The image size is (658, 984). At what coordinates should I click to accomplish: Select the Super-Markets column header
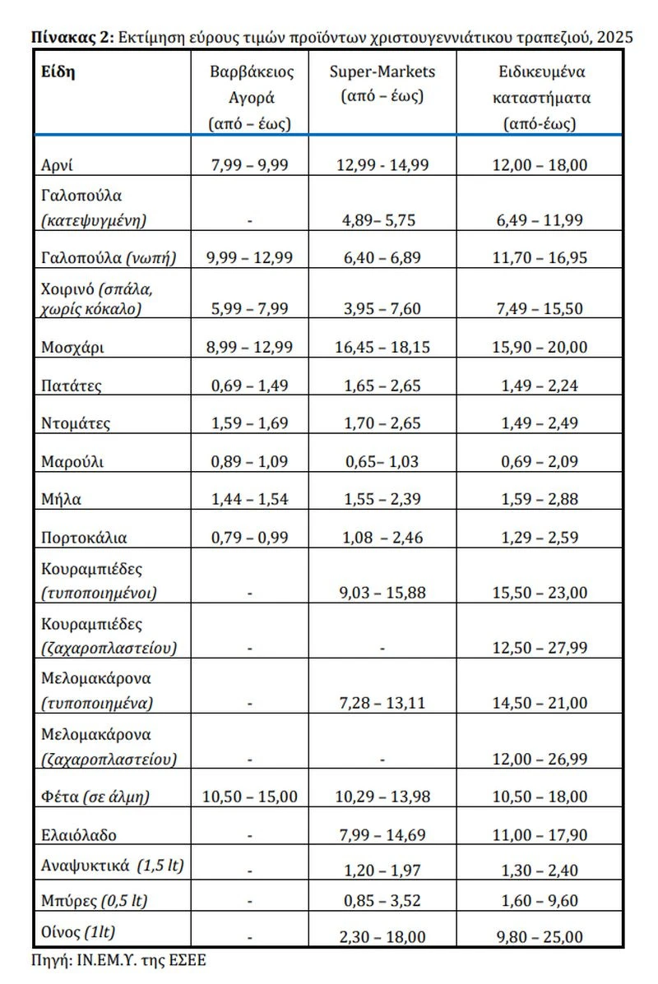point(382,83)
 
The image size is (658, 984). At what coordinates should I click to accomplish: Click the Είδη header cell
point(58,72)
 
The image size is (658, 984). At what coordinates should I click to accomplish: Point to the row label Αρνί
point(58,165)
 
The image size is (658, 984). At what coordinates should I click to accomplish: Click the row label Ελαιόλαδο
point(79,835)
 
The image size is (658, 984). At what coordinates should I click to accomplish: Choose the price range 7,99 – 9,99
point(250,165)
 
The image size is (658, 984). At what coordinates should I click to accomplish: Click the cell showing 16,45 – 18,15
point(382,347)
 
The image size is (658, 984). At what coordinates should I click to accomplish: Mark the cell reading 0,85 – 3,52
point(382,900)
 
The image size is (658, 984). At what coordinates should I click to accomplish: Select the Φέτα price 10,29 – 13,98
point(382,797)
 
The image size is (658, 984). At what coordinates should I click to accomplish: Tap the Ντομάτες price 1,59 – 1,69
point(250,424)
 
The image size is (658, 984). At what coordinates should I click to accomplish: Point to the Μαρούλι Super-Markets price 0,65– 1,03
point(382,461)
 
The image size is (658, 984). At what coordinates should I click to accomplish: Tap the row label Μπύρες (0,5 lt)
point(94,900)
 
